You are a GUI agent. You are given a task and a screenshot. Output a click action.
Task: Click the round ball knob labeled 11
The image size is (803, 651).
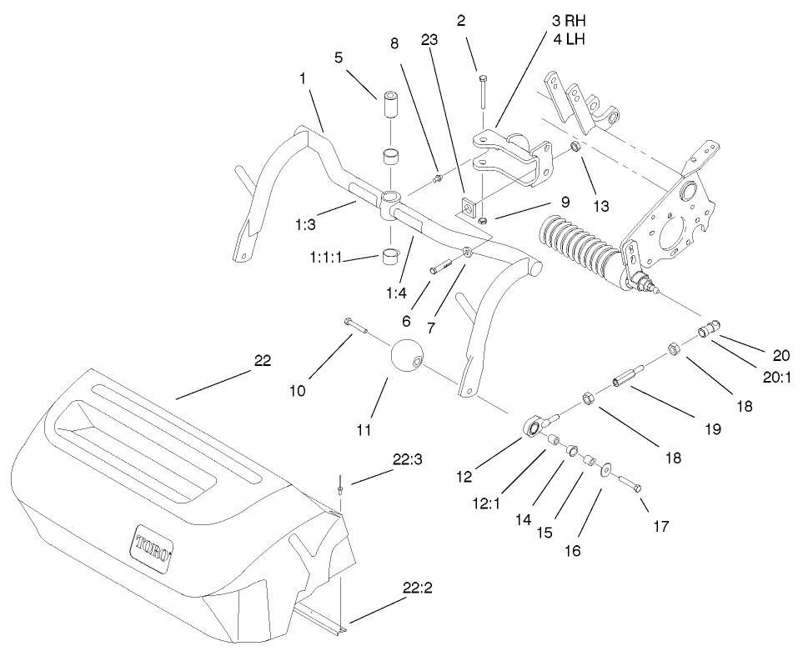click(x=408, y=358)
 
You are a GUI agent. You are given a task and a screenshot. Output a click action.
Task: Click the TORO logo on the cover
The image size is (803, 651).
click(x=153, y=548)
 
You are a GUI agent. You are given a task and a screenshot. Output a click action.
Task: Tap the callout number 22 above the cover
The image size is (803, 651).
click(x=263, y=360)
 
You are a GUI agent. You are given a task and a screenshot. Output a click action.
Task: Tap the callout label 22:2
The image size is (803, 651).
click(x=417, y=588)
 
